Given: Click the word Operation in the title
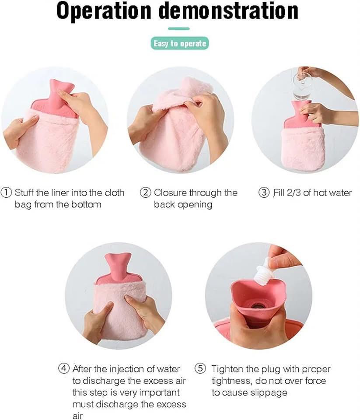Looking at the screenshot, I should coord(104,12).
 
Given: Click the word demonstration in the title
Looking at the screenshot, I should coord(228,12).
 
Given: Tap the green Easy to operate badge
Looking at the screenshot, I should coord(179,44).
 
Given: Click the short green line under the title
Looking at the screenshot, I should coord(179,29).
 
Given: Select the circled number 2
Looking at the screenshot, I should coord(145,192).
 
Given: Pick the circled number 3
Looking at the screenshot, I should coord(264,192).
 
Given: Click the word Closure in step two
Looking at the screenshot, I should coord(170,192).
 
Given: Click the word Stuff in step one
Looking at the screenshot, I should coord(24,192).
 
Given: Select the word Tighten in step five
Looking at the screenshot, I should coord(229,369).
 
